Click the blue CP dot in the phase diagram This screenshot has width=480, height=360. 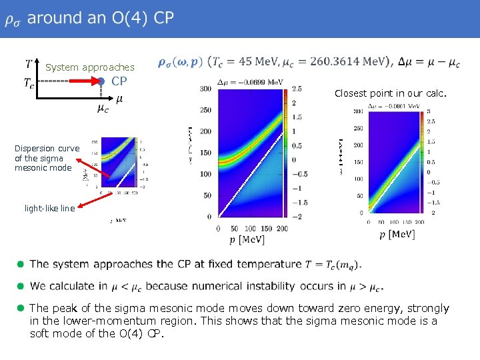[100, 82]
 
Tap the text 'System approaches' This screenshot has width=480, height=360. [89, 67]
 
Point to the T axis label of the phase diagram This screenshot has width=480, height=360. [29, 65]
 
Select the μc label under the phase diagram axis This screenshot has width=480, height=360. [103, 108]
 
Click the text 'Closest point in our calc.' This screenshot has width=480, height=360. [383, 94]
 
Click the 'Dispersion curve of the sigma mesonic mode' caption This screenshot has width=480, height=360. [47, 158]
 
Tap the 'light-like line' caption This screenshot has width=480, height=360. [49, 208]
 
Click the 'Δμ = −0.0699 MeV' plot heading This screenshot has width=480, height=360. [251, 82]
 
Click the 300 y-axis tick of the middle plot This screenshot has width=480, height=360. [205, 89]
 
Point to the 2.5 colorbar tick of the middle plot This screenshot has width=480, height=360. [296, 89]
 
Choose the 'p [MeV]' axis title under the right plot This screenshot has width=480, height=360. [397, 233]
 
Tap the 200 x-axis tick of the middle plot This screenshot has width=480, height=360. [281, 228]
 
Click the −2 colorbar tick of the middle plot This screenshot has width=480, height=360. [296, 217]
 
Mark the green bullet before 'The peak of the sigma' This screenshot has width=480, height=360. [21, 308]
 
